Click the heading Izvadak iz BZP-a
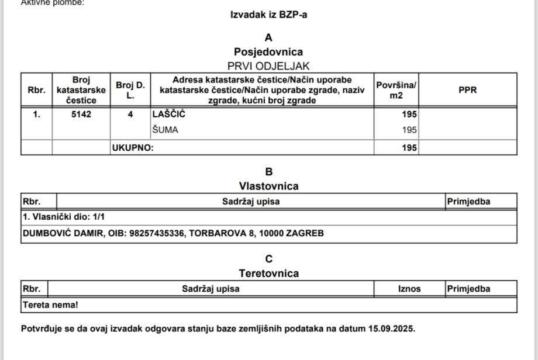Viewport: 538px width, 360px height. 269,15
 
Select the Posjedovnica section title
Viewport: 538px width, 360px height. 269,52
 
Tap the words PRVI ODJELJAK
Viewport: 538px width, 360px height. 269,66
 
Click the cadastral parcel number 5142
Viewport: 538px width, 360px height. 81,115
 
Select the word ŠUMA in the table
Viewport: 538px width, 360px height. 165,130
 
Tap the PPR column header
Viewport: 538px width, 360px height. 468,90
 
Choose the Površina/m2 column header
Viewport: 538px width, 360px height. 396,90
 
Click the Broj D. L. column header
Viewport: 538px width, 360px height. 130,90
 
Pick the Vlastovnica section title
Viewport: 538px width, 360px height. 269,186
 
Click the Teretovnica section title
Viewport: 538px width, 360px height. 269,274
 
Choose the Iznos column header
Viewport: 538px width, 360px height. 409,289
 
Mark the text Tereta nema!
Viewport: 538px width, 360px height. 50,305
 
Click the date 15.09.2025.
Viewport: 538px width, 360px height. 391,328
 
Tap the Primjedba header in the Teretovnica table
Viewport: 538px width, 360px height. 468,289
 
